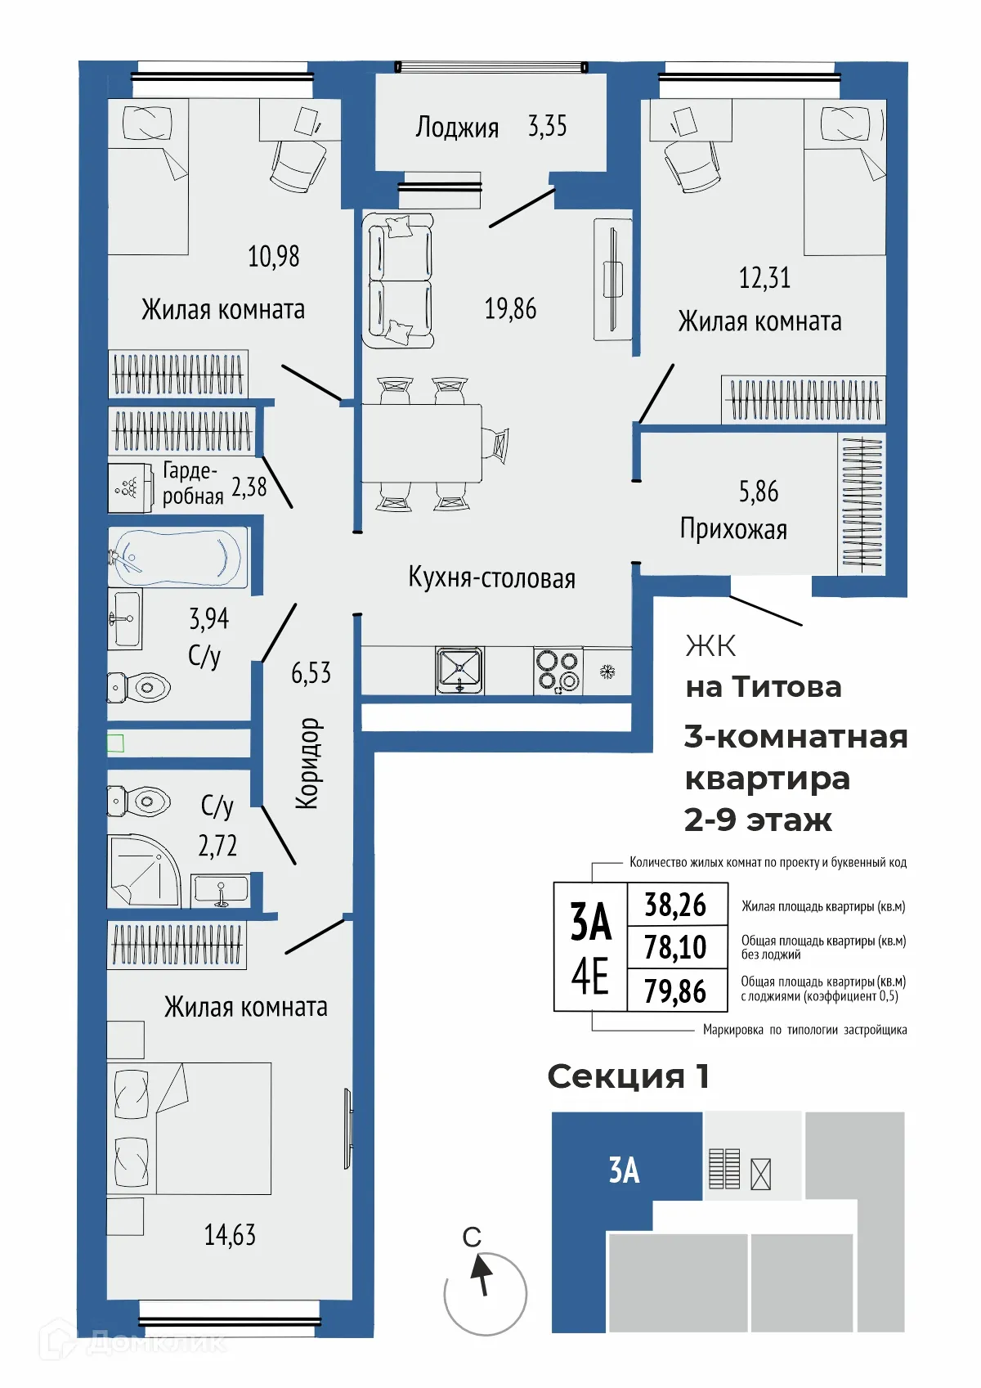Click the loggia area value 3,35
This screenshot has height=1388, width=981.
pyautogui.click(x=547, y=126)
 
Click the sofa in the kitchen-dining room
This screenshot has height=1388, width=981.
pyautogui.click(x=399, y=281)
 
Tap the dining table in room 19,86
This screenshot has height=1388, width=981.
pyautogui.click(x=422, y=442)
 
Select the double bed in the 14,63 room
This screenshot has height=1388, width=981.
pyautogui.click(x=190, y=1128)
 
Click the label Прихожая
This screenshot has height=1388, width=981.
pyautogui.click(x=733, y=529)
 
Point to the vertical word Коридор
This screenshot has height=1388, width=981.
pyautogui.click(x=308, y=763)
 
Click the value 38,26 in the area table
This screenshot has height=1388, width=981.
pyautogui.click(x=675, y=905)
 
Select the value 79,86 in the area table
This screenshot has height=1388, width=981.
pyautogui.click(x=675, y=991)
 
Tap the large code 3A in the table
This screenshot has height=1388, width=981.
pyautogui.click(x=590, y=922)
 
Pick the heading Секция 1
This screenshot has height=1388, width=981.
pyautogui.click(x=628, y=1076)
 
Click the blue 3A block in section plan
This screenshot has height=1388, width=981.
pyautogui.click(x=625, y=1170)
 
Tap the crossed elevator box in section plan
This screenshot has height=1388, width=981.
pyautogui.click(x=760, y=1175)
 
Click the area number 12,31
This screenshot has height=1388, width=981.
pyautogui.click(x=764, y=278)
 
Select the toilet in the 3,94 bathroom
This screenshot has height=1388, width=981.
pyautogui.click(x=141, y=688)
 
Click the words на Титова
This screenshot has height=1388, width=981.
pyautogui.click(x=763, y=687)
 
